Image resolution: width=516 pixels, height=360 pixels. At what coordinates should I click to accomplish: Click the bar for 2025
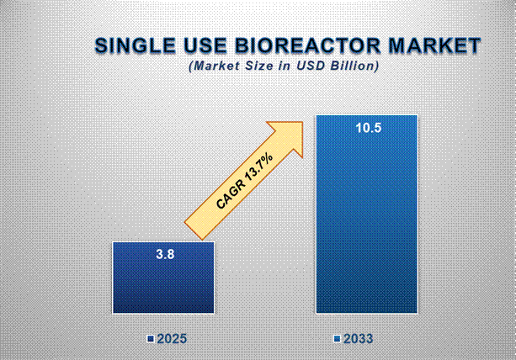(x=164, y=278)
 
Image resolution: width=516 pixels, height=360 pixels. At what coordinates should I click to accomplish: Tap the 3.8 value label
(x=164, y=253)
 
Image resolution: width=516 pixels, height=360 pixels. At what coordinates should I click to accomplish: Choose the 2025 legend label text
(x=171, y=339)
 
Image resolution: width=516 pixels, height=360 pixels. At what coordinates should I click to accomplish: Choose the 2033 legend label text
(x=358, y=339)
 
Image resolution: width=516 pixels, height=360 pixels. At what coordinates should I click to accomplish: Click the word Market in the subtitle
(x=216, y=65)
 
